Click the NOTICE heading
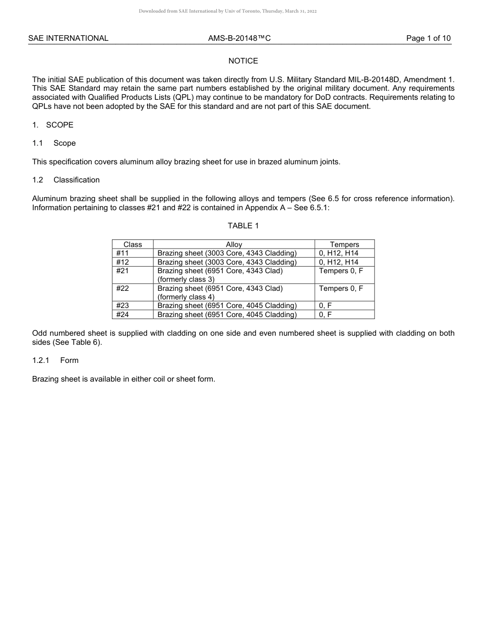point(243,61)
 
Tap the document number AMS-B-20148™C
point(239,38)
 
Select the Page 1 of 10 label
point(428,38)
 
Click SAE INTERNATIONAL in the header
point(68,38)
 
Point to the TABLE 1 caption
point(243,226)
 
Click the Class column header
point(133,244)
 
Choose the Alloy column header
point(234,244)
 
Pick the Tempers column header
point(344,244)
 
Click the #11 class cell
point(123,253)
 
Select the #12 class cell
point(123,262)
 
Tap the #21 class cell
point(123,271)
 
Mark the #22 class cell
point(123,288)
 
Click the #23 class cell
point(123,305)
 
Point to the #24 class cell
point(123,315)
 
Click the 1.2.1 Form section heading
point(55,360)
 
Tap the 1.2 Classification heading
point(66,180)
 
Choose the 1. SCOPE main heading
point(53,125)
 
